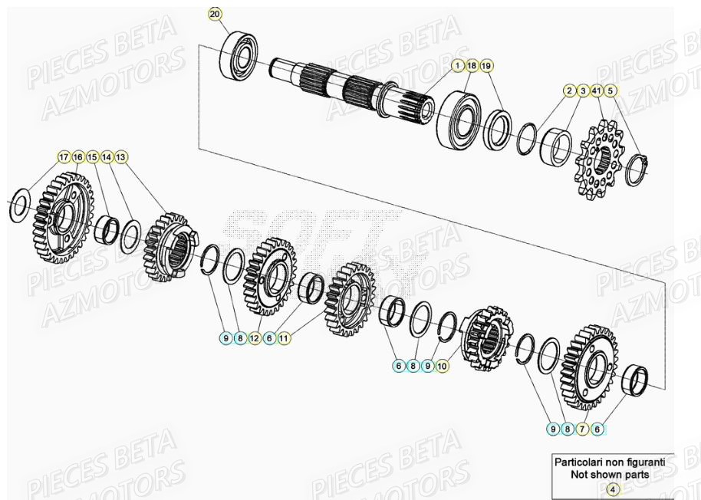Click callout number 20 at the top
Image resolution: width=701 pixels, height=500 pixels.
point(215,15)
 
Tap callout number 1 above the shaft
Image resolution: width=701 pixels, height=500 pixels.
point(457,67)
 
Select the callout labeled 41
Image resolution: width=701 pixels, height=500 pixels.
point(597,91)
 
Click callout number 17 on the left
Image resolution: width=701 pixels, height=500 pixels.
point(64,156)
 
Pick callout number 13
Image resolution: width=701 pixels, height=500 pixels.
point(121,156)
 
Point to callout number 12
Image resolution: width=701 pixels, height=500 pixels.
point(255,337)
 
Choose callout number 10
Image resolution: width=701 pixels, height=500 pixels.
point(442,367)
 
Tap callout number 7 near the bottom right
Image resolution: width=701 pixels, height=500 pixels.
point(583,429)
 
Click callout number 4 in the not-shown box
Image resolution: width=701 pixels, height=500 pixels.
point(612,488)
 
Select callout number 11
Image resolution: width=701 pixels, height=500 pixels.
point(284,337)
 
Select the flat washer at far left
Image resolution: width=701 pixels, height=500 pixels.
point(20,206)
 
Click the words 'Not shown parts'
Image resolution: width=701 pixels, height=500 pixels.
point(610,475)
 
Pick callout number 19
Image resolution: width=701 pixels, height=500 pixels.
point(486,67)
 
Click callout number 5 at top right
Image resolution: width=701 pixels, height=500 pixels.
point(611,91)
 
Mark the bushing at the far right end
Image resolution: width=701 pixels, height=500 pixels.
point(636,380)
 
